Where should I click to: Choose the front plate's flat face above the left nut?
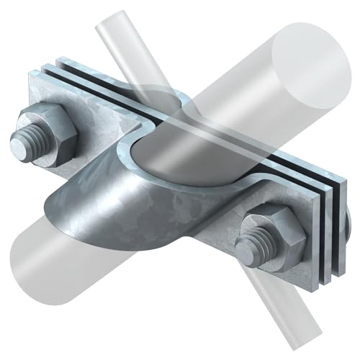[72, 97]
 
